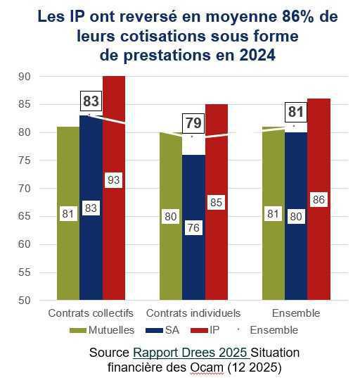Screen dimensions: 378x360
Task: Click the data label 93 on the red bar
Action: [114, 180]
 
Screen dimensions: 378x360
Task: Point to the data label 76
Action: [193, 228]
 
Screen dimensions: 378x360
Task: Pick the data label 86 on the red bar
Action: [319, 200]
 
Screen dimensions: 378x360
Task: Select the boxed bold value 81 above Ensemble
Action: [296, 113]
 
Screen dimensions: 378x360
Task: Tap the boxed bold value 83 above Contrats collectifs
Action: [91, 102]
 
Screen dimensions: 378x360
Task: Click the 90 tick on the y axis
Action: [25, 76]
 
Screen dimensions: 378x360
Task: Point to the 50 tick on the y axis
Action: [25, 301]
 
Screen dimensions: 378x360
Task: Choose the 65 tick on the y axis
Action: [25, 216]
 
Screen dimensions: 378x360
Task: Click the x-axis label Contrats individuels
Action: [193, 313]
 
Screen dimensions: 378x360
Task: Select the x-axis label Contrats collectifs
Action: [91, 313]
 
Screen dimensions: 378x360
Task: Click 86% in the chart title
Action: [295, 19]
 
